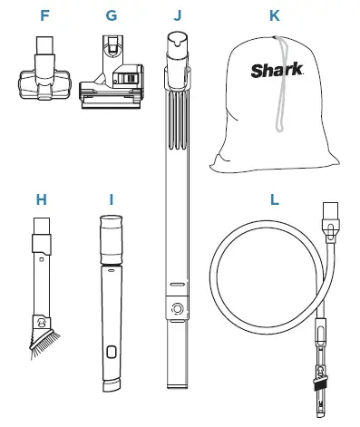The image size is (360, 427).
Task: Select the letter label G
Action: (111, 15)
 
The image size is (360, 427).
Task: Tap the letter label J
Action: (176, 15)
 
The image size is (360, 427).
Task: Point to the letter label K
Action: (275, 15)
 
